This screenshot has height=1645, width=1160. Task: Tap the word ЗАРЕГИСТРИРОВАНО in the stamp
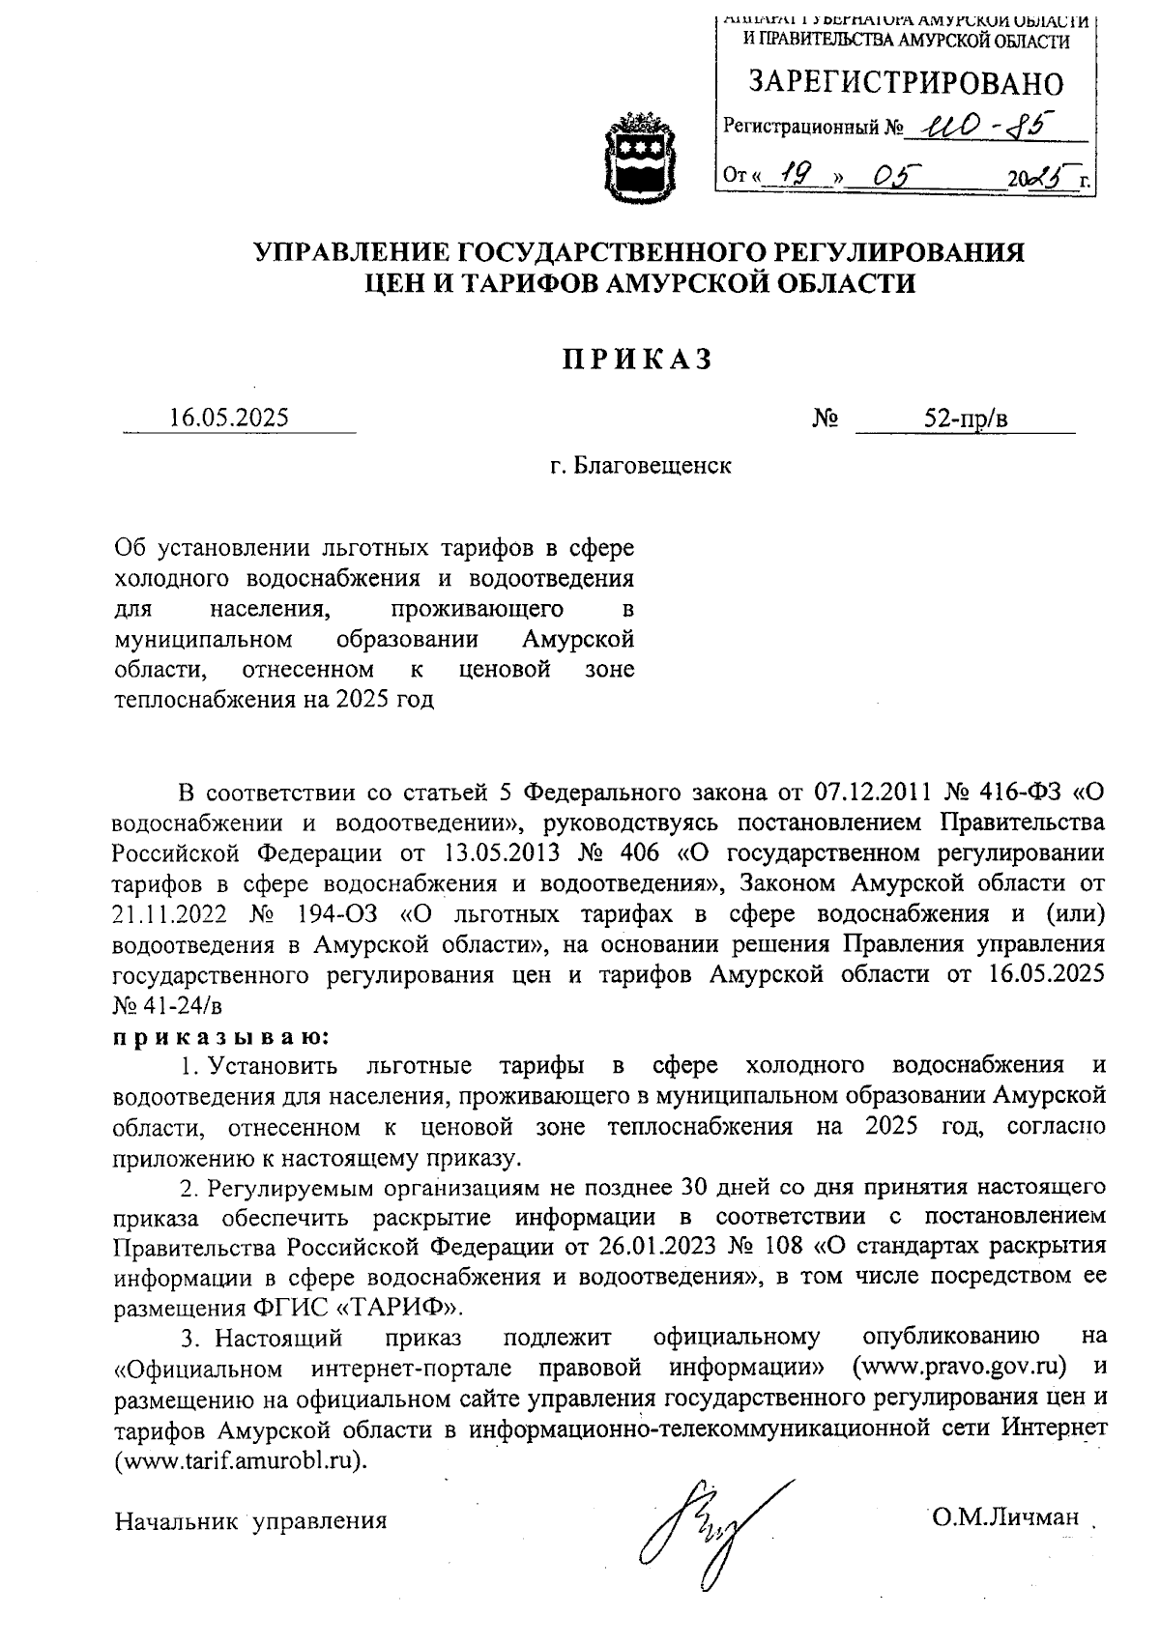click(906, 84)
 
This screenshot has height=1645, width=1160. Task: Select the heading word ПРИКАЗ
click(637, 360)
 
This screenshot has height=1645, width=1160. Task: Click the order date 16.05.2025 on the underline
click(228, 418)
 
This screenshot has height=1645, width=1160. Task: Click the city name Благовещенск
click(652, 466)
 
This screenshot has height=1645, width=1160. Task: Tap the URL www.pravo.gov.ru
click(960, 1367)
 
